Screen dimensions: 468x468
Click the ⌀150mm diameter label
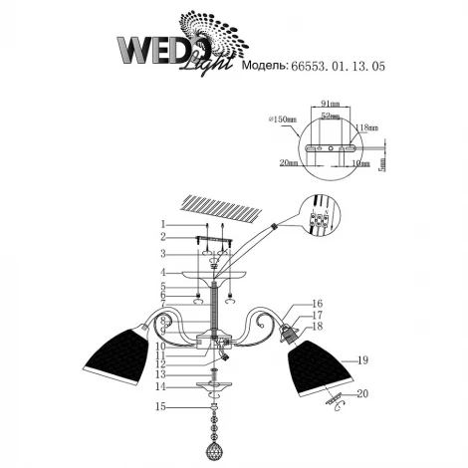click(x=281, y=120)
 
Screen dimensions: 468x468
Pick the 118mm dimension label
click(x=365, y=126)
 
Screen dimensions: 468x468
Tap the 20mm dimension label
click(x=290, y=161)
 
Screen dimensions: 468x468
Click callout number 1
click(x=160, y=224)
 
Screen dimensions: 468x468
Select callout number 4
click(x=160, y=271)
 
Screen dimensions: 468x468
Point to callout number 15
click(x=159, y=406)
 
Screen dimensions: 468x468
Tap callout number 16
click(x=318, y=304)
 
